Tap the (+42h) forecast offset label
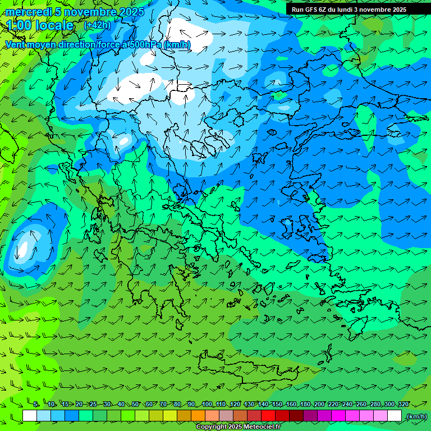[97, 25]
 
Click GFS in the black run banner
[313, 10]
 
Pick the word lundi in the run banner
[343, 10]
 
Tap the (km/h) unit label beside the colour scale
[416, 416]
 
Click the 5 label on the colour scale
[36, 404]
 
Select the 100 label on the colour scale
[207, 404]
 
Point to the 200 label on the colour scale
[319, 404]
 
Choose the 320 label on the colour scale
[403, 404]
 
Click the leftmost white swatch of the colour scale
[30, 416]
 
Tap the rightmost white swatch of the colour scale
[395, 416]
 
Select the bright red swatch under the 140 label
[268, 416]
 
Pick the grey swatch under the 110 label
[226, 416]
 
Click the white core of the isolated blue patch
[23, 247]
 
